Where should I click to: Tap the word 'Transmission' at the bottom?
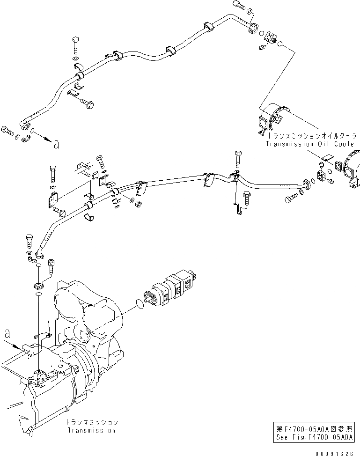coord(92,430)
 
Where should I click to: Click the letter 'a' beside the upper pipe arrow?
coord(57,145)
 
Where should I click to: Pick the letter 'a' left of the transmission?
coord(7,334)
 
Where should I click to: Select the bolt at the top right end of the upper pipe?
coord(238,6)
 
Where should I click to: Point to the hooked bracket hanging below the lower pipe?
coord(239,206)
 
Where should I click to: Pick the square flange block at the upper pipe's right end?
coord(270,37)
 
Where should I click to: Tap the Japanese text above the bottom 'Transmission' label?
coord(92,422)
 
